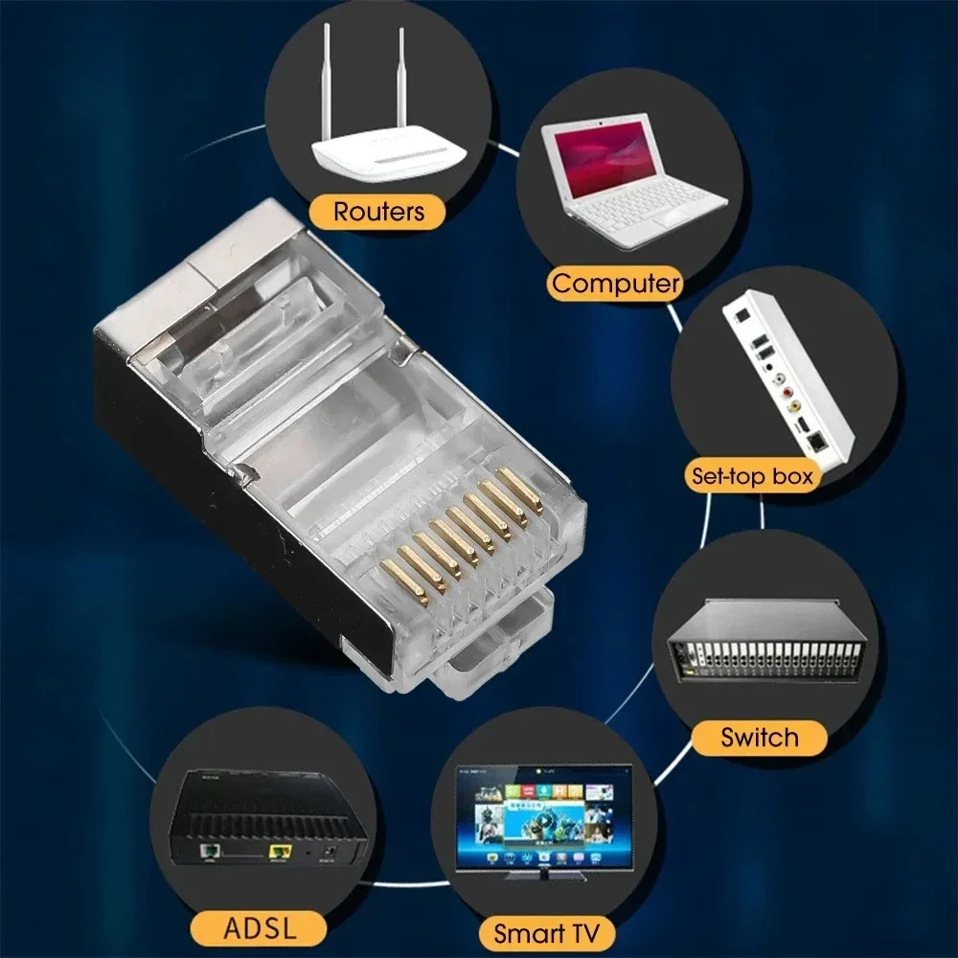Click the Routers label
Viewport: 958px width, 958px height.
tap(377, 211)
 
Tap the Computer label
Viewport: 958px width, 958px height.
tap(616, 283)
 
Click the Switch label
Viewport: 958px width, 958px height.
tap(759, 738)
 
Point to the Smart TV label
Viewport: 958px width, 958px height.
tap(547, 931)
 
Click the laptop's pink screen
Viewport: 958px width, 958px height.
tap(603, 152)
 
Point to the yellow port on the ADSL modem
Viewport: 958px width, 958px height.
tap(280, 851)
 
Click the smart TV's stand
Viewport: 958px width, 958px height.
tap(542, 875)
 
